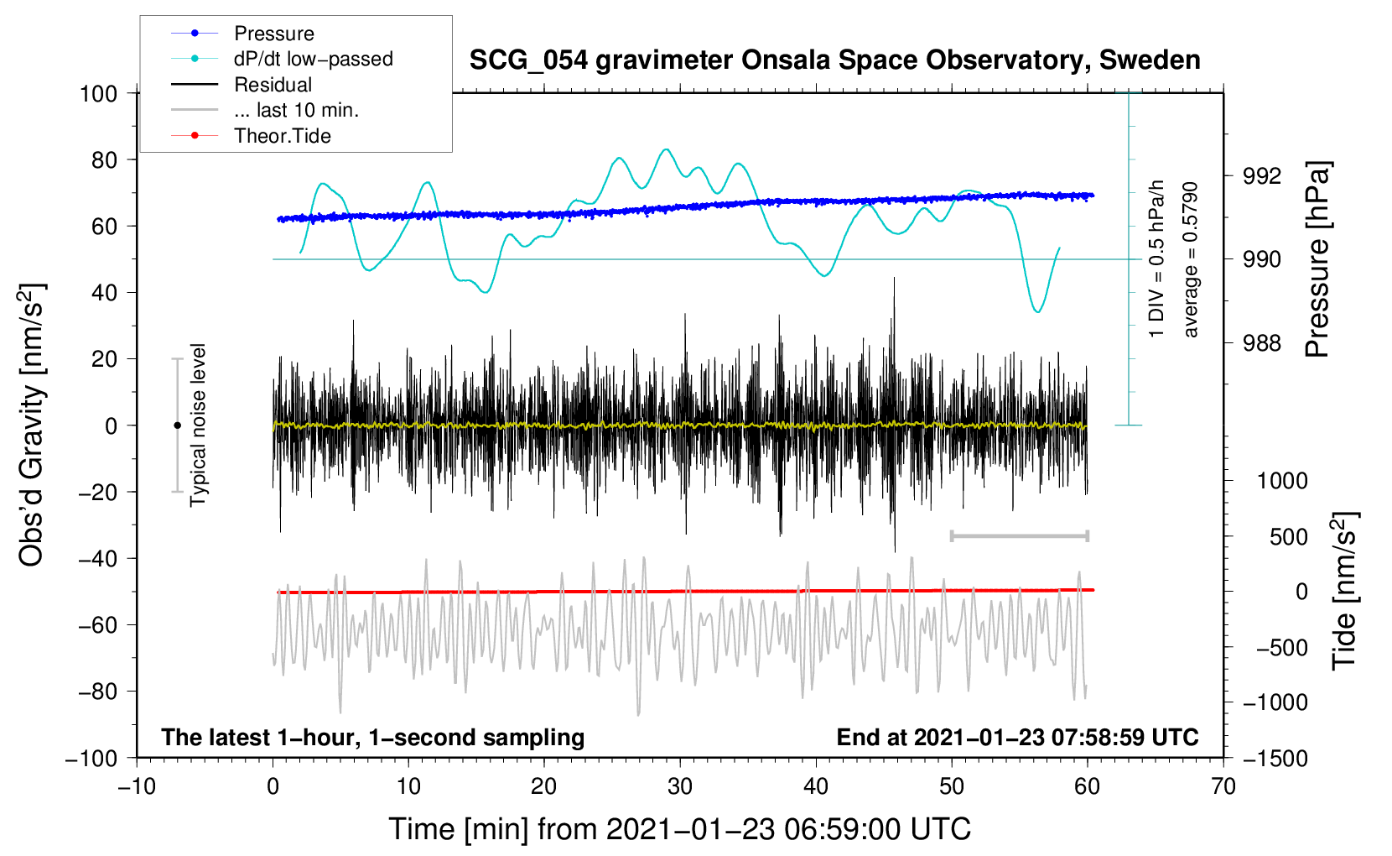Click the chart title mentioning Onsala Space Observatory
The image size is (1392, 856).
834,60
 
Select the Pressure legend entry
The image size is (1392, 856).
242,33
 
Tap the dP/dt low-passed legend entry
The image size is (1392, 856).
282,59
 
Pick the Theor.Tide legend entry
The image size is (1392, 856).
251,136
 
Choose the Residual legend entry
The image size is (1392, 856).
242,85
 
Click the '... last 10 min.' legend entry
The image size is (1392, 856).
265,110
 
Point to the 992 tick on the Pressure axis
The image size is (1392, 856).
1261,176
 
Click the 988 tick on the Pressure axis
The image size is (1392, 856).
1261,342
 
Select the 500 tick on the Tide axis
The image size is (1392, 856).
1288,536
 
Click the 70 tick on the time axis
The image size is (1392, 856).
1223,786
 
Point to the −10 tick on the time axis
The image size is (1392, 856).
137,786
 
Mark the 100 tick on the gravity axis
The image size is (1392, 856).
98,94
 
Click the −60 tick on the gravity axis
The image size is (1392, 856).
98,625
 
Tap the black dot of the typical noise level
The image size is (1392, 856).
177,425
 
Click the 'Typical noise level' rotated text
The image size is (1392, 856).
198,425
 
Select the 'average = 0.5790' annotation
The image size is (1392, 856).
1190,259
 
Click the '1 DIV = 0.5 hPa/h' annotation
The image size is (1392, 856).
1156,259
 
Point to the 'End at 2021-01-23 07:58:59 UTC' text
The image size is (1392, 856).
1017,737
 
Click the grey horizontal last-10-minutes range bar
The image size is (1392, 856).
1019,535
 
